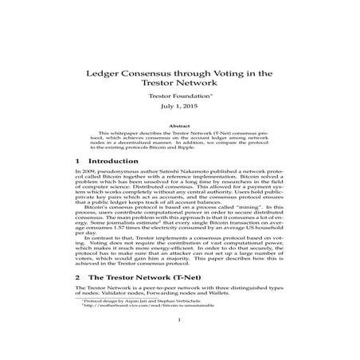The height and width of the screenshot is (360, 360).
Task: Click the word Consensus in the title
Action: pyautogui.click(x=155, y=72)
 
